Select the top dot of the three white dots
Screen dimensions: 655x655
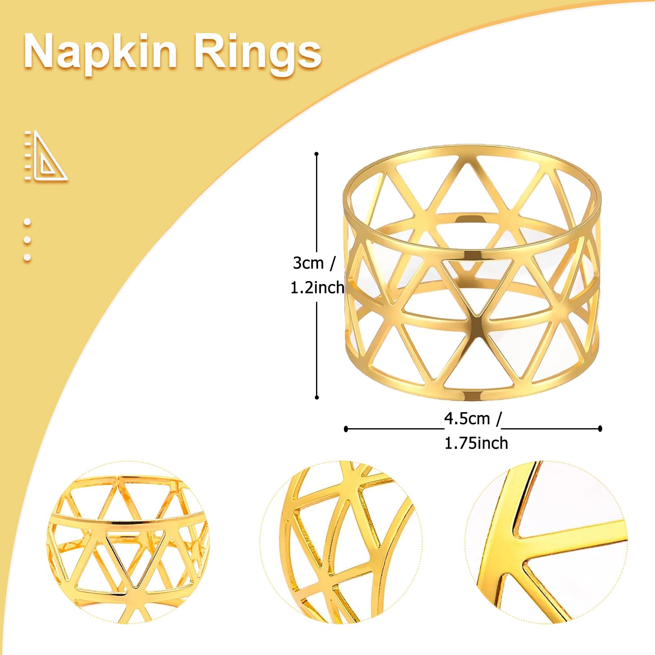(27, 222)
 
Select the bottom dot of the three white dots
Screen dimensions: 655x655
(27, 257)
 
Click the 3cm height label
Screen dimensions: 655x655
(314, 263)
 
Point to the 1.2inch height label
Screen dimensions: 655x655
(317, 288)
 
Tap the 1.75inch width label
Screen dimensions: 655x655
(476, 443)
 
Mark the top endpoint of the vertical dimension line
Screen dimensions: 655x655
(316, 154)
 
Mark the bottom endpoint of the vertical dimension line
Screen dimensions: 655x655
(316, 397)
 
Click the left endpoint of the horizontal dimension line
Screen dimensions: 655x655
(346, 429)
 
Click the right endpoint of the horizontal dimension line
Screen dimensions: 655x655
(600, 429)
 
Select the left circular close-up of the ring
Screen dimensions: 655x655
(128, 542)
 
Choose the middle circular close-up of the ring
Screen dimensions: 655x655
(341, 542)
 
